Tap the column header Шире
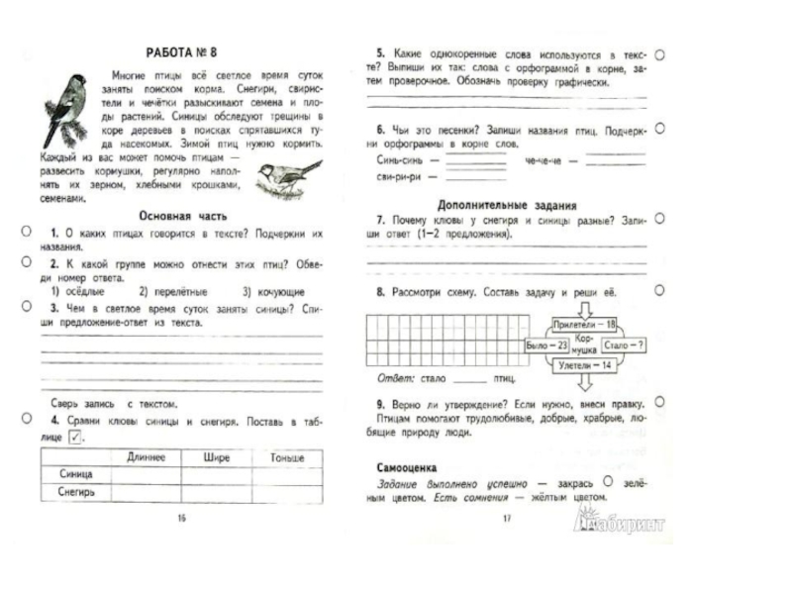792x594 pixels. pos(216,456)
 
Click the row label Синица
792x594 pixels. pos(76,473)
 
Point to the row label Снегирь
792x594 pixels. pos(76,489)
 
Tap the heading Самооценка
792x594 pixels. pos(408,464)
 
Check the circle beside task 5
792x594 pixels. pos(659,57)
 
